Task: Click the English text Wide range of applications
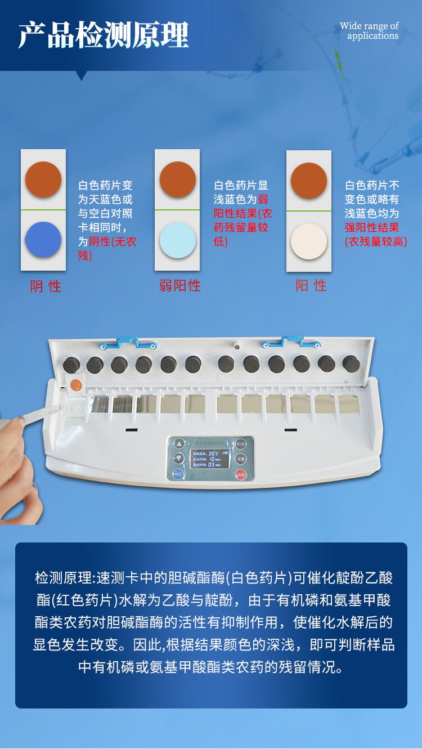pyautogui.click(x=370, y=31)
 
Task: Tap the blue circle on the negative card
pyautogui.click(x=43, y=240)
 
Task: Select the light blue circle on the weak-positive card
pyautogui.click(x=177, y=240)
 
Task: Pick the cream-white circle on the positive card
pyautogui.click(x=308, y=241)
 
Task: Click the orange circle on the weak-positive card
pyautogui.click(x=177, y=180)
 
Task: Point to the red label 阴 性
pyautogui.click(x=46, y=286)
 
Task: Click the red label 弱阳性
pyautogui.click(x=179, y=286)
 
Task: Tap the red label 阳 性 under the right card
pyautogui.click(x=311, y=286)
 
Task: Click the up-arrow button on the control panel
pyautogui.click(x=179, y=443)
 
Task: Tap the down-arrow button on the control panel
pyautogui.click(x=179, y=459)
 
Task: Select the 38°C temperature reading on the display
pyautogui.click(x=213, y=452)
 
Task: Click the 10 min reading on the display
pyautogui.click(x=214, y=459)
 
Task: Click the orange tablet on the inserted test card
pyautogui.click(x=77, y=386)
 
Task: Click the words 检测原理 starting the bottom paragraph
pyautogui.click(x=64, y=578)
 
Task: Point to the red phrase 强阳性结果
pyautogui.click(x=372, y=227)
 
